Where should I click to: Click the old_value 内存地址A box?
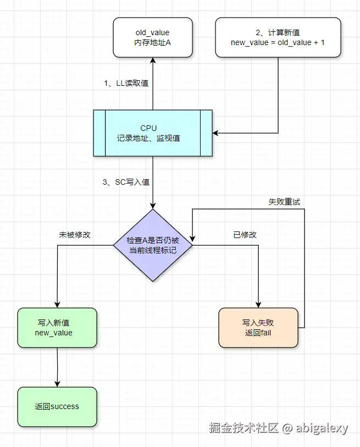(153, 37)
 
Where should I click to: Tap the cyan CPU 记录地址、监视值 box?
(153, 133)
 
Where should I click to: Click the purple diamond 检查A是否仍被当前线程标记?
(153, 245)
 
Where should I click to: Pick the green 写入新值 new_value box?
(57, 328)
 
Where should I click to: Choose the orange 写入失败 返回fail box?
(258, 328)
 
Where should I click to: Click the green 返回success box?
(57, 407)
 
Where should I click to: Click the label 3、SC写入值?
(126, 183)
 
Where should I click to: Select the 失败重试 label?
(284, 202)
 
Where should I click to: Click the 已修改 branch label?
(245, 235)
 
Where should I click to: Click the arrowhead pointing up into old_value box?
(153, 60)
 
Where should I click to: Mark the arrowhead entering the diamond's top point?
(153, 206)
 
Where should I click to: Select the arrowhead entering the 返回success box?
(57, 384)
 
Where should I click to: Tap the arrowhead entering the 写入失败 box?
(258, 305)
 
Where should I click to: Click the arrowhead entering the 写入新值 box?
(57, 305)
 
